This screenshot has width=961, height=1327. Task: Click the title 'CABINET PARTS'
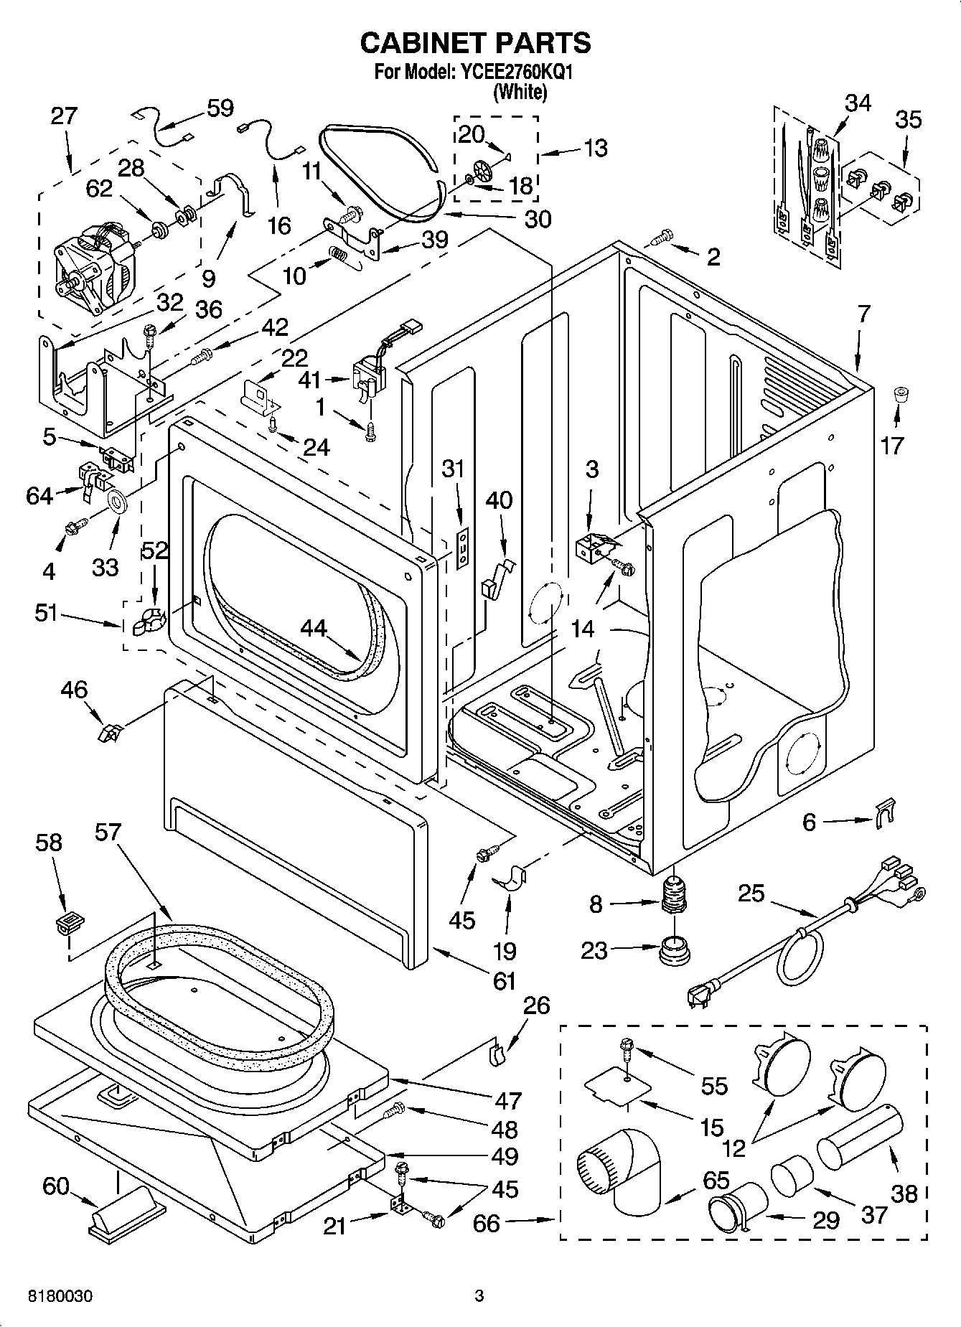pyautogui.click(x=475, y=43)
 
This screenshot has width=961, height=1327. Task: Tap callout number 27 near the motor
pyautogui.click(x=63, y=116)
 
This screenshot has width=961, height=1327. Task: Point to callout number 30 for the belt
pyautogui.click(x=538, y=219)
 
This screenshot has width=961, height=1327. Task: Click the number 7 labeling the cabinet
pyautogui.click(x=864, y=313)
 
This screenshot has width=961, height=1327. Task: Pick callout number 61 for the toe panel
pyautogui.click(x=505, y=980)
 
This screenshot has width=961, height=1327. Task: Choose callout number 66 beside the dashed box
pyautogui.click(x=486, y=1223)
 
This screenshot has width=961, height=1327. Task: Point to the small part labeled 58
pyautogui.click(x=67, y=923)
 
